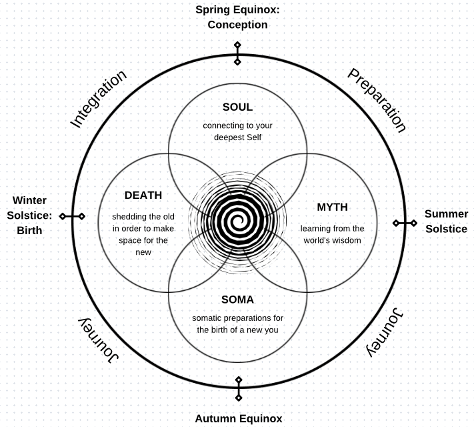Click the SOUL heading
[237, 107]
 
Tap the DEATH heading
[143, 195]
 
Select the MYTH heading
[332, 207]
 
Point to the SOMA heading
[237, 300]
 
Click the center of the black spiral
[238, 220]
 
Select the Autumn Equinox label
[238, 419]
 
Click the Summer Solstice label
[446, 222]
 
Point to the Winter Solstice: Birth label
[29, 215]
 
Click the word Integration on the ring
[98, 99]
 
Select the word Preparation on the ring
[376, 100]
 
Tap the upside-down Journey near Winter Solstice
[99, 340]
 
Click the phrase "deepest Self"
[237, 137]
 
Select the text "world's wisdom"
[332, 240]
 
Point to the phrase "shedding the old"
[143, 216]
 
